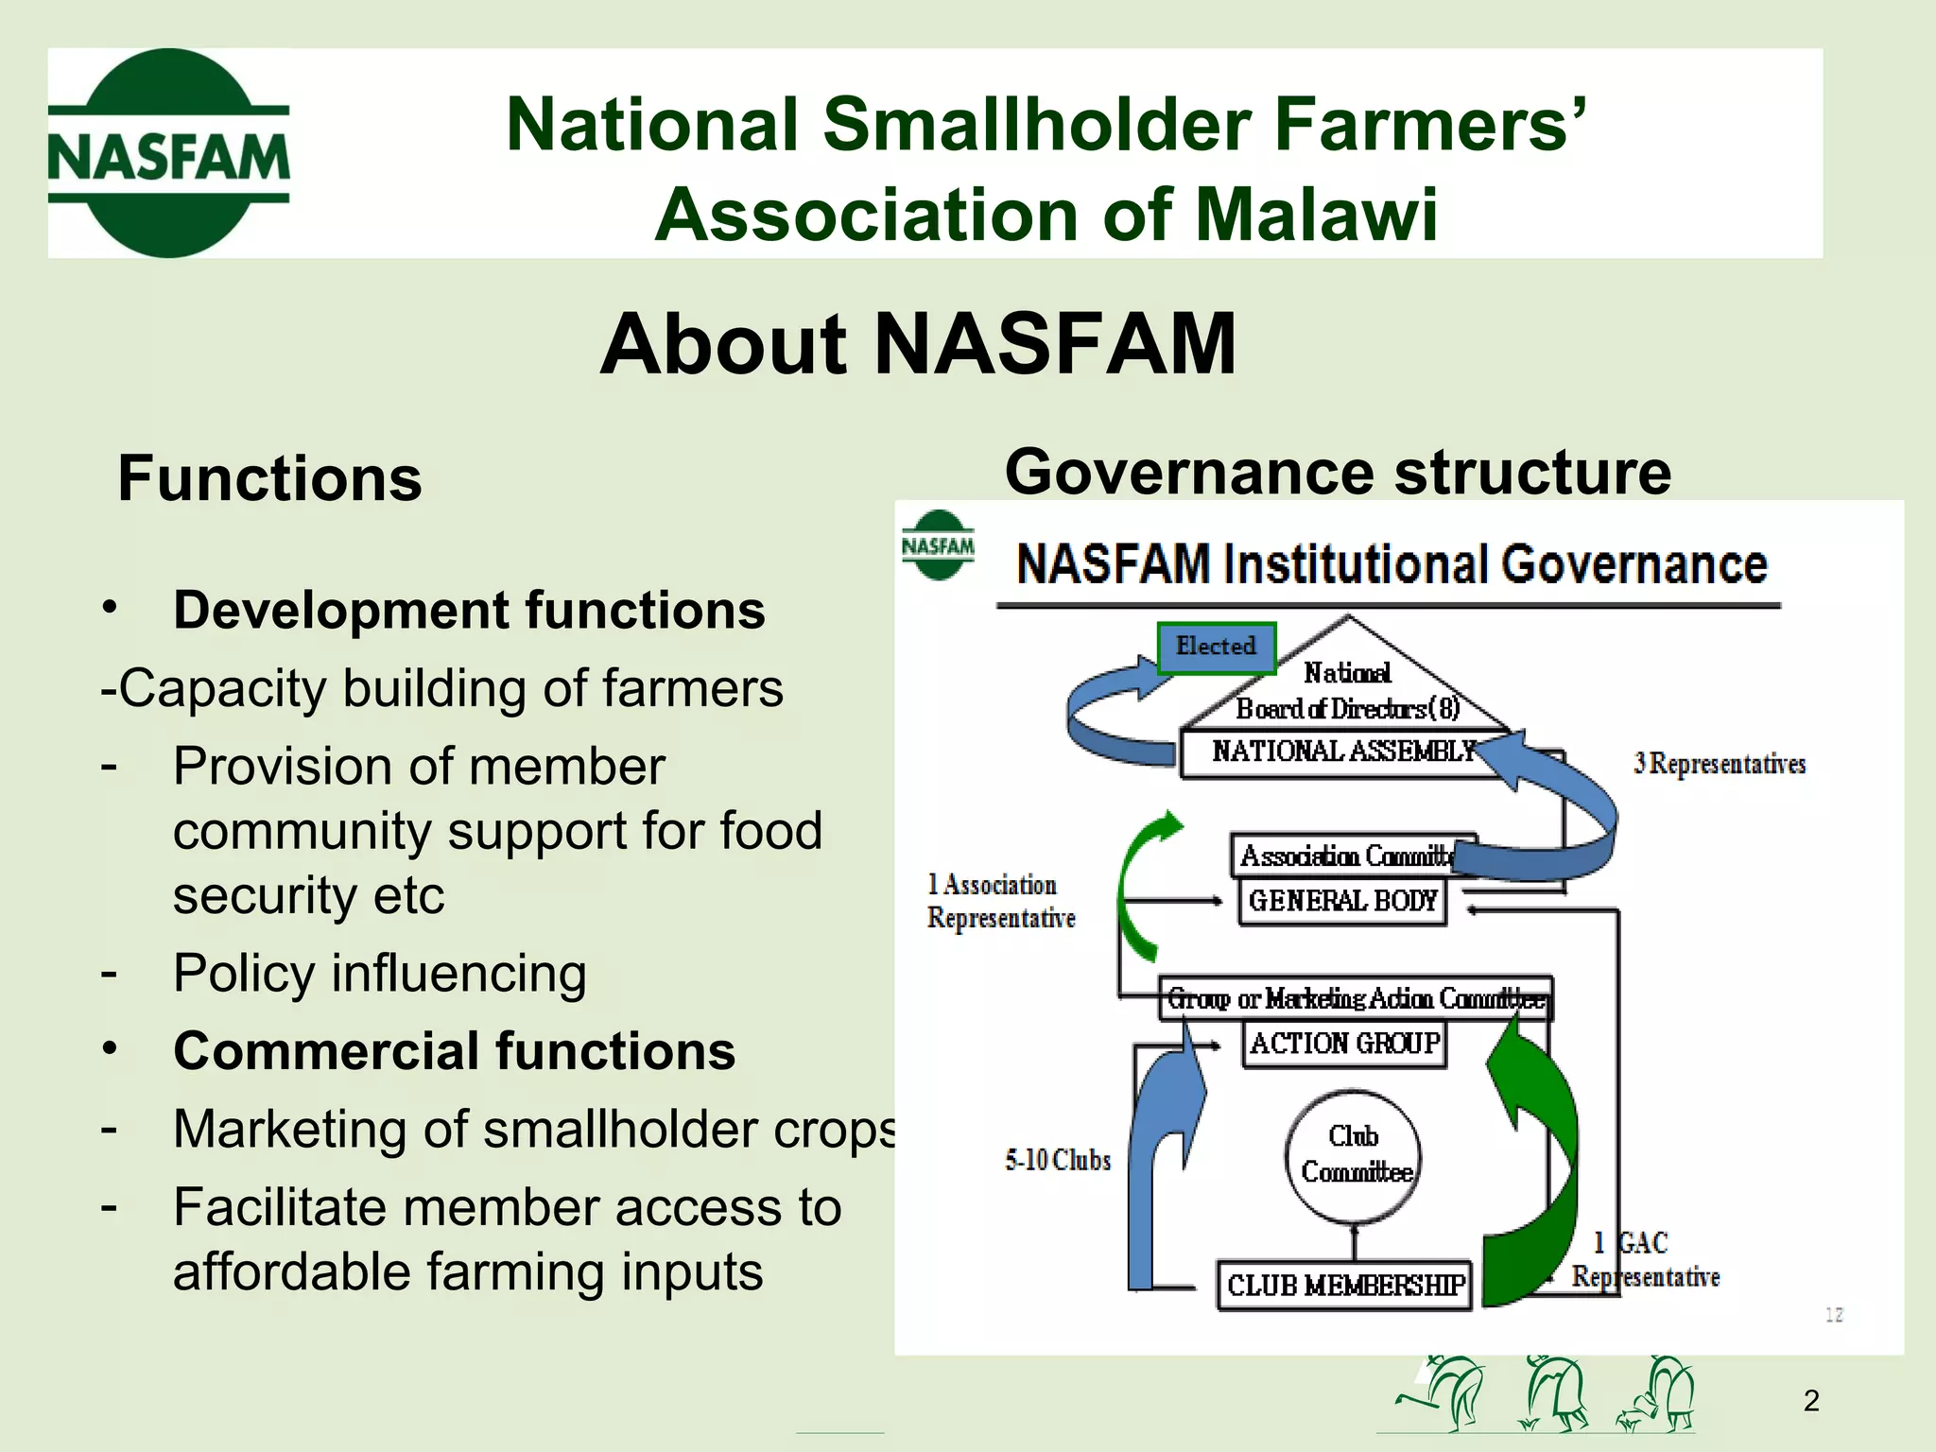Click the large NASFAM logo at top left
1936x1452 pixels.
[168, 154]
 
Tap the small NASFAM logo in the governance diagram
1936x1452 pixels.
[938, 545]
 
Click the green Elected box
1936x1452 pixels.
[1217, 648]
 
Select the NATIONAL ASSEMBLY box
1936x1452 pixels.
[1342, 752]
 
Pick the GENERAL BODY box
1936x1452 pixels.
[1342, 901]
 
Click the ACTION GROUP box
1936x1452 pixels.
[1344, 1044]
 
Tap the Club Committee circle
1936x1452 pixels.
[1354, 1155]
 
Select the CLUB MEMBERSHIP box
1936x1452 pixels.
[1344, 1286]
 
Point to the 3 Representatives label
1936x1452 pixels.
[1719, 764]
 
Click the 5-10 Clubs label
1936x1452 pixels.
[1057, 1160]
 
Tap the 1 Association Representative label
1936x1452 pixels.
[1000, 902]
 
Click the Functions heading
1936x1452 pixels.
[269, 478]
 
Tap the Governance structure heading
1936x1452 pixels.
[1337, 472]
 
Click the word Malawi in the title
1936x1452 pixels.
[1316, 215]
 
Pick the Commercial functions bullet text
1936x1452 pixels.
[454, 1051]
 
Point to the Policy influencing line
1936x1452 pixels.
[379, 974]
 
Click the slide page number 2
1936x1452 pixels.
[1810, 1400]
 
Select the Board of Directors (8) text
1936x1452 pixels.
[1347, 709]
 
